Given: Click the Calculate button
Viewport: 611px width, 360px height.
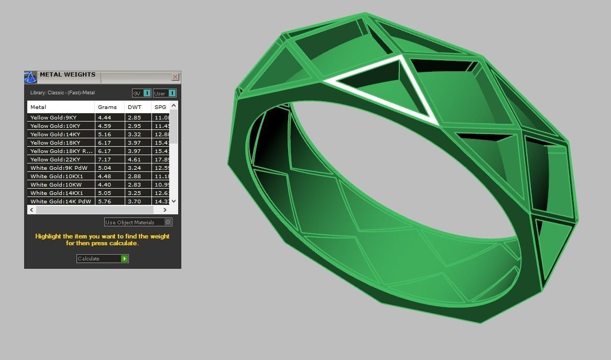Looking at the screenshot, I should tap(102, 258).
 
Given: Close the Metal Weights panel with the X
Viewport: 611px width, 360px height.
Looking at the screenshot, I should tap(175, 77).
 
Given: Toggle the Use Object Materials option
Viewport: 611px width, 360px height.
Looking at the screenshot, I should tap(138, 222).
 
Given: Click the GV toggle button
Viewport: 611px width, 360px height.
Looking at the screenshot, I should tap(141, 93).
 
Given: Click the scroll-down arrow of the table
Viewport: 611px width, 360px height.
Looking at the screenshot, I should tap(174, 201).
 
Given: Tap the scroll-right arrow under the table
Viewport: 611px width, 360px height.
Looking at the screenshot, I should tap(165, 210).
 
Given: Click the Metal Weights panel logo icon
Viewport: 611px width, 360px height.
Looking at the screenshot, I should tap(30, 77).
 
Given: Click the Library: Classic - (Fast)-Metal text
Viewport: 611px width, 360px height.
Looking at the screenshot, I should tap(62, 93).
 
